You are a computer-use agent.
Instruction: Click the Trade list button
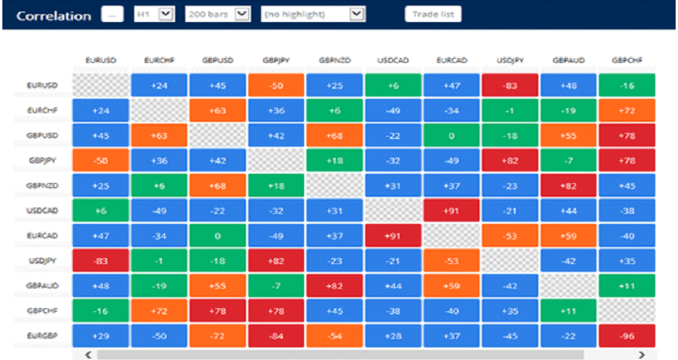click(433, 14)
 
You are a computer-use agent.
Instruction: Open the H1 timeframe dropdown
click(154, 14)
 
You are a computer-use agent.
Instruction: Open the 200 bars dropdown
click(218, 14)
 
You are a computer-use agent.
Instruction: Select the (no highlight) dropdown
click(313, 14)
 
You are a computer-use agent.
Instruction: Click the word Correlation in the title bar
click(53, 15)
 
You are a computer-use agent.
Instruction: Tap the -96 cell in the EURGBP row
click(626, 336)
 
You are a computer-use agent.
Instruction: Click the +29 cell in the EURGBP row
click(100, 336)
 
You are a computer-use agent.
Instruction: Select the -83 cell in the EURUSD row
click(509, 86)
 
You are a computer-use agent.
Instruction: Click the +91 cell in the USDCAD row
click(451, 211)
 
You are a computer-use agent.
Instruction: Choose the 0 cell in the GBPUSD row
click(451, 136)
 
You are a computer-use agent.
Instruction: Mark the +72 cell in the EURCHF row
click(626, 111)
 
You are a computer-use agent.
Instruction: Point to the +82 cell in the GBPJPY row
click(509, 161)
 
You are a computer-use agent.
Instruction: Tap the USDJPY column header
click(509, 60)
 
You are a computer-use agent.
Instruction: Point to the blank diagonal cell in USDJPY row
click(509, 261)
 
